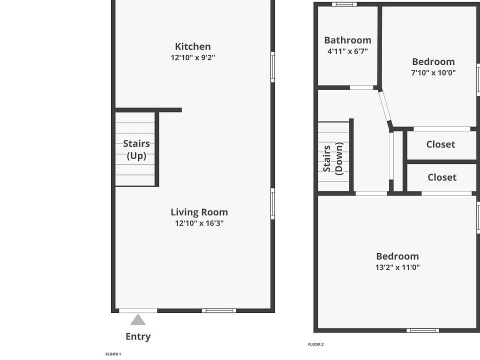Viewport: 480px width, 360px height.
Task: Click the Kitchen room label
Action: pos(192,46)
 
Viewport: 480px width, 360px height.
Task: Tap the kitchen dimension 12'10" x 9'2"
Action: pos(193,57)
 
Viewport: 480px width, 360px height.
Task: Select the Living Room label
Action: pos(199,212)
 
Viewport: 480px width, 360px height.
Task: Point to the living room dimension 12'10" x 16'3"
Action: pos(199,223)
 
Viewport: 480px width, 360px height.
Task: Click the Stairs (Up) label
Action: pos(136,149)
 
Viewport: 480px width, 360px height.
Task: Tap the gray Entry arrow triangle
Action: pos(138,320)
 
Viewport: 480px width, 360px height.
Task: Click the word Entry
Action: pos(138,336)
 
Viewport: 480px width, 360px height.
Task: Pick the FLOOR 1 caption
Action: pos(113,354)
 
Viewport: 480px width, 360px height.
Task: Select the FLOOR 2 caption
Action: pos(315,344)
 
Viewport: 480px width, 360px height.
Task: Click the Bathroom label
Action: pos(347,40)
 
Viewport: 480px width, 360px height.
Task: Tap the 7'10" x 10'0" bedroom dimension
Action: pos(433,72)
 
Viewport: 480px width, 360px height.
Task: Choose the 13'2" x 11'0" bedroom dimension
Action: pos(397,267)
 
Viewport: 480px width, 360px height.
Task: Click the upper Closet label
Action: pos(440,144)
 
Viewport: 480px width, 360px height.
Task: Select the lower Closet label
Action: pos(442,177)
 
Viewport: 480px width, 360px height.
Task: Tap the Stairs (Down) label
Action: pos(333,158)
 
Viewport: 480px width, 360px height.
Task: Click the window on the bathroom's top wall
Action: pos(344,4)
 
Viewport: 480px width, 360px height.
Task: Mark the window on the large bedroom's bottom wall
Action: pos(422,330)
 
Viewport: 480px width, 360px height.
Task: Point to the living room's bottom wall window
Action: pos(219,310)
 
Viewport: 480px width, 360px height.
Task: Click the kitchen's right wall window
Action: pos(272,67)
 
